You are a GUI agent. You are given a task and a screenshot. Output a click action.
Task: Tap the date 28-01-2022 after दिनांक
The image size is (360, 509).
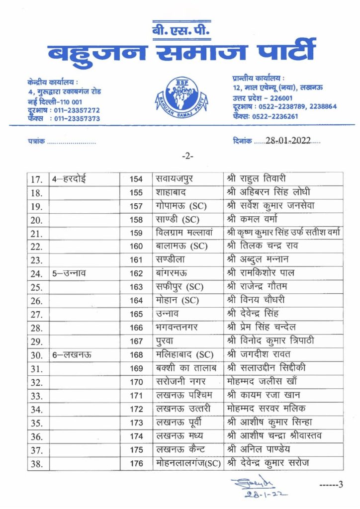287,141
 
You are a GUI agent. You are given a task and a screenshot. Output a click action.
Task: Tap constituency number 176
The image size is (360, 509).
136,464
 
